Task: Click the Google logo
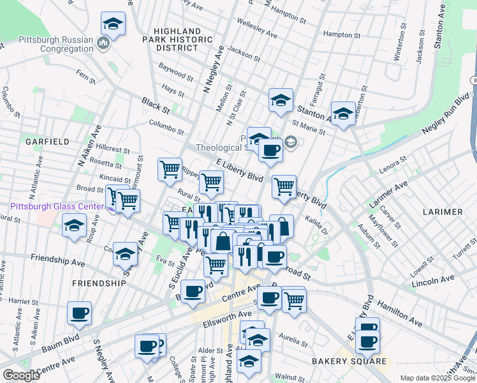pos(21,375)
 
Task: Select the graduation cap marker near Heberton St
pos(343,114)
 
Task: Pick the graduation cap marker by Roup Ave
pos(75,225)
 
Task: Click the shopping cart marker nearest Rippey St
pos(170,169)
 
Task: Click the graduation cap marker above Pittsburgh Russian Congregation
pos(113,24)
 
